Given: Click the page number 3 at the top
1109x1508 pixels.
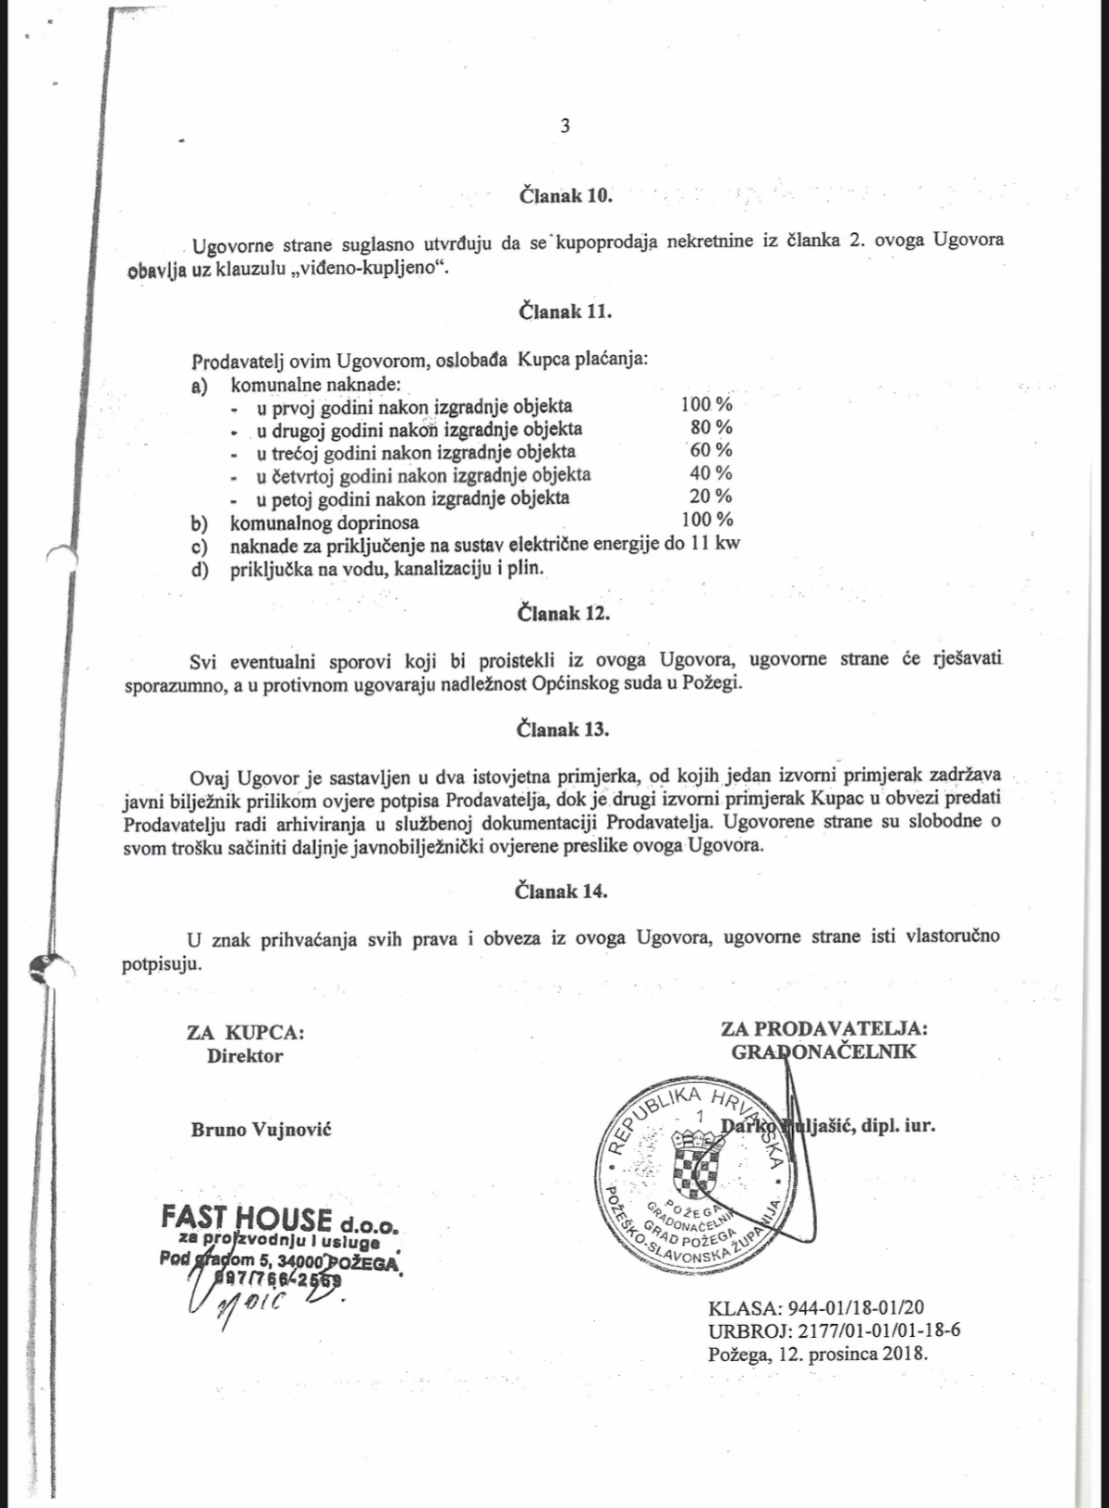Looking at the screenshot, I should coord(565,127).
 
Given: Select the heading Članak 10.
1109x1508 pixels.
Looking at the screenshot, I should coord(565,196).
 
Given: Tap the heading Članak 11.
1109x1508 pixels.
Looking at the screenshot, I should coord(565,312).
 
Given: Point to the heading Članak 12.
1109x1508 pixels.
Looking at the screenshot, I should coord(564,613).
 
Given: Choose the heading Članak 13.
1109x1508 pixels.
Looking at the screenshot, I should coord(563,729).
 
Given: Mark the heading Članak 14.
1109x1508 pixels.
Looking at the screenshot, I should coord(562,891).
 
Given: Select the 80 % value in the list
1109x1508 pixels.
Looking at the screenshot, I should coord(711,427).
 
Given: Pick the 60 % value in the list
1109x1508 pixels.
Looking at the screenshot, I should coord(711,450).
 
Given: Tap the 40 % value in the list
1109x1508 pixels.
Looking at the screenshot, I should coord(711,473).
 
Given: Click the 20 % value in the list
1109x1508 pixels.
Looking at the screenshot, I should coord(711,497).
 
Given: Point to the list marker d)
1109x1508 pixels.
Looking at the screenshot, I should coord(199,568).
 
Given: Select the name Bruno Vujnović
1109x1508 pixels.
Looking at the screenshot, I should coord(261,1129).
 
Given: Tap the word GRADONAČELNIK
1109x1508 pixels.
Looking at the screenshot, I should coord(823,1051).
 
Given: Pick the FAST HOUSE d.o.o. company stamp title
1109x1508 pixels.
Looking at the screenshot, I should coord(279,1220).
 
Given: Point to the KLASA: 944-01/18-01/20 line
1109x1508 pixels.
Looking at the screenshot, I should coord(816,1308).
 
